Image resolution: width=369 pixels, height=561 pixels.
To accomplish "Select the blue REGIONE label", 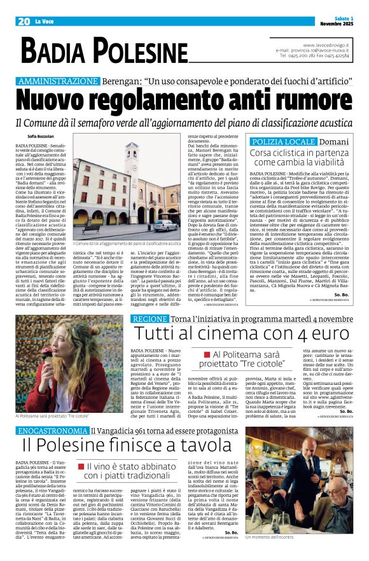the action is [x=149, y=317].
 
